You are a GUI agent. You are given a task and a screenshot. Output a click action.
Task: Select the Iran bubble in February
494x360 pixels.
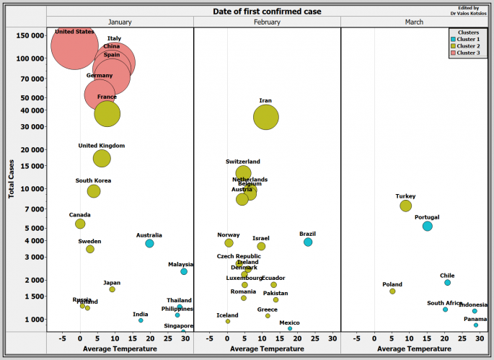click(266, 117)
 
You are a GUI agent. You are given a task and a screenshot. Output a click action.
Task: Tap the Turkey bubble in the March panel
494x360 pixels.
click(406, 206)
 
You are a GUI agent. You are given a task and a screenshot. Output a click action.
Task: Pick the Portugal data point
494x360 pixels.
click(428, 226)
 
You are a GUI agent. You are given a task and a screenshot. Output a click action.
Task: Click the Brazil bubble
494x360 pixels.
click(308, 242)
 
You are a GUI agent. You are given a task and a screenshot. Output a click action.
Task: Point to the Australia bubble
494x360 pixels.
click(149, 244)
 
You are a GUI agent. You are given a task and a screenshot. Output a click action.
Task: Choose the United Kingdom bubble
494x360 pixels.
click(102, 158)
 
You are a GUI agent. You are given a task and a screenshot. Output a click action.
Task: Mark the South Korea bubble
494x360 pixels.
click(94, 191)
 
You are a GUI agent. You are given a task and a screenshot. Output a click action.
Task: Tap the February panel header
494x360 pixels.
click(267, 22)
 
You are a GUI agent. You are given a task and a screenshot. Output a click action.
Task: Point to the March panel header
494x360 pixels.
click(414, 22)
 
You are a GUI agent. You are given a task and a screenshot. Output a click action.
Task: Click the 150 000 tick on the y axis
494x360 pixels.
click(28, 35)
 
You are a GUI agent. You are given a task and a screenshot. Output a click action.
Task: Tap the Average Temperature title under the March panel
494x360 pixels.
click(414, 349)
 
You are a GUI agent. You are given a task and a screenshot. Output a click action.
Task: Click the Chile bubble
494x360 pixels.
click(448, 283)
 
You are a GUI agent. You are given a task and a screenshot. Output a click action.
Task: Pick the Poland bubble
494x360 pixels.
click(392, 291)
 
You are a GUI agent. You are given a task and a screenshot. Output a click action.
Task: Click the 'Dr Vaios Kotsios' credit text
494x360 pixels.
click(469, 13)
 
